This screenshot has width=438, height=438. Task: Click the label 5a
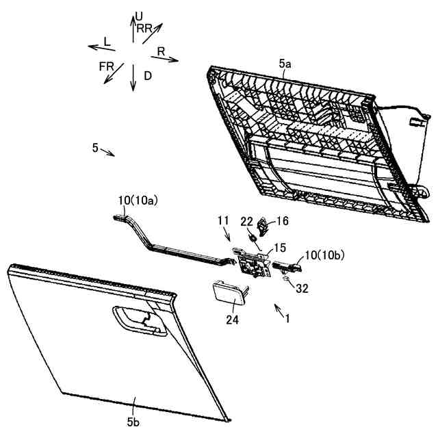tap(285, 64)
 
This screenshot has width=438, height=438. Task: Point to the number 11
tap(222, 220)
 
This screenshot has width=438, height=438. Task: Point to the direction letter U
tap(139, 15)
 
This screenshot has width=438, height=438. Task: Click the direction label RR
tap(144, 28)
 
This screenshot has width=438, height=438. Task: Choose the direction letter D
tap(148, 75)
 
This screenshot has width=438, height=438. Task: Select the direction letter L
tap(107, 42)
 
